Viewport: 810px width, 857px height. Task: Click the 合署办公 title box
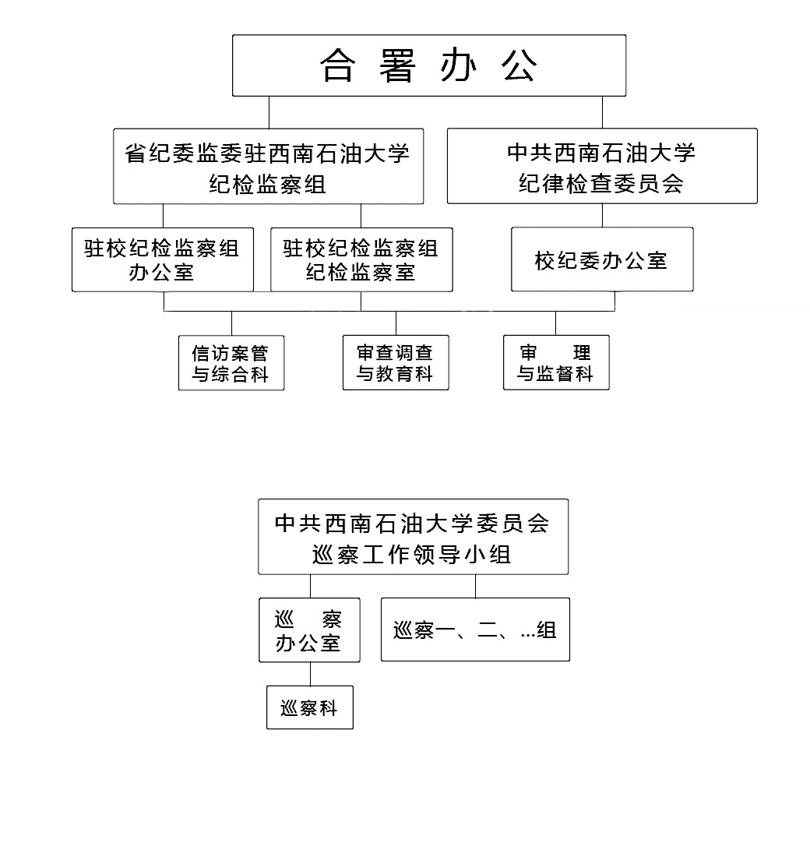pos(428,65)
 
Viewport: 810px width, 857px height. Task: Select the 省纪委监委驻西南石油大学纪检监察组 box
pos(268,167)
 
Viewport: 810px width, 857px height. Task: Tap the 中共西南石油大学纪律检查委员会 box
pos(601,167)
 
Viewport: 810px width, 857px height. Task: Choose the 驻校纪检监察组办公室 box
pos(163,259)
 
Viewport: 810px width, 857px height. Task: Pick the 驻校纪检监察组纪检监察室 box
pos(361,259)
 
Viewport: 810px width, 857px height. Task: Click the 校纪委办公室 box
pos(601,259)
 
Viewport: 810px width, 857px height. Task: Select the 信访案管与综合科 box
pos(231,363)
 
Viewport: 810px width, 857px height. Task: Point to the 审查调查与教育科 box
pos(396,363)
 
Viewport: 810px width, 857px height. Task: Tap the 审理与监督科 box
pos(555,363)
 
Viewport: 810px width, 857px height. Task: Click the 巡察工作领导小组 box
pos(413,538)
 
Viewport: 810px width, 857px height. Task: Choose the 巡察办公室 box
pos(309,630)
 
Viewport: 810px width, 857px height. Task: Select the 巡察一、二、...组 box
pos(475,630)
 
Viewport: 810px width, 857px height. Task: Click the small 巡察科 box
pos(309,707)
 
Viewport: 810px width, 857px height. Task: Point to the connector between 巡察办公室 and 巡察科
pos(310,674)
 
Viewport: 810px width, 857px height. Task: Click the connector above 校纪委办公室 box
pos(602,216)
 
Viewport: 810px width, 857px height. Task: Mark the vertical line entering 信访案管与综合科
pos(231,323)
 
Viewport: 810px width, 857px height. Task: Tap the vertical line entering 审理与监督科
pos(555,323)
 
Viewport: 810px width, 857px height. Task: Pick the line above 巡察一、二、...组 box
pos(475,586)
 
